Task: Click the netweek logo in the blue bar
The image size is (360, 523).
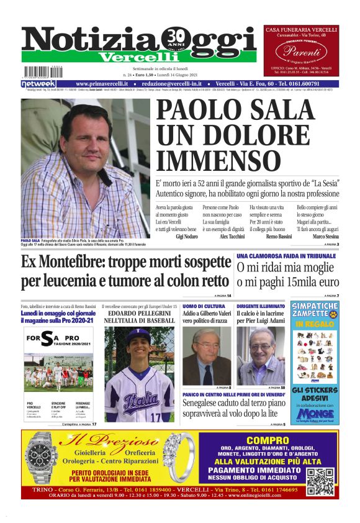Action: click(38, 83)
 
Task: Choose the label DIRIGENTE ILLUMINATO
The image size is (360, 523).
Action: click(259, 306)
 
